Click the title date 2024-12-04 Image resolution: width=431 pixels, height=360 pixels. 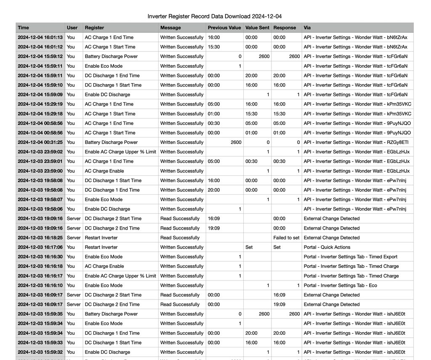pyautogui.click(x=267, y=16)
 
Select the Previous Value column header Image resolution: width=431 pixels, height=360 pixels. pyautogui.click(x=224, y=28)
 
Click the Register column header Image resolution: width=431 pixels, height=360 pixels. pyautogui.click(x=94, y=28)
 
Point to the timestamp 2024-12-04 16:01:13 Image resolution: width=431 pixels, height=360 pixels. pyautogui.click(x=40, y=37)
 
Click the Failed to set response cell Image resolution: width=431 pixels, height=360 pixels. pyautogui.click(x=286, y=238)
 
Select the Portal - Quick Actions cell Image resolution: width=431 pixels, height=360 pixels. pyautogui.click(x=327, y=247)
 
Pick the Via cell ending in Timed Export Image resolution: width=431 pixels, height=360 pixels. pyautogui.click(x=351, y=257)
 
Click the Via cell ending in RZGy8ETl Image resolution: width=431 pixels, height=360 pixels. pyautogui.click(x=356, y=142)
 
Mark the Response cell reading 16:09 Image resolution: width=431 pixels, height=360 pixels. pyautogui.click(x=279, y=295)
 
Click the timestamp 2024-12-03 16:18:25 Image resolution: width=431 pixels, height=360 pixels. pyautogui.click(x=40, y=238)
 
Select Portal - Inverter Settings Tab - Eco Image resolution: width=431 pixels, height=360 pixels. pyautogui.click(x=341, y=285)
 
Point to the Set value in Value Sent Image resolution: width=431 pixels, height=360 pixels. pyautogui.click(x=249, y=247)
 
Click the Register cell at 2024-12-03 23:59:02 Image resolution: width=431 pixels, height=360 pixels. pyautogui.click(x=120, y=152)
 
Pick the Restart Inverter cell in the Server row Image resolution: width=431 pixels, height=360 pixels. pyautogui.click(x=101, y=238)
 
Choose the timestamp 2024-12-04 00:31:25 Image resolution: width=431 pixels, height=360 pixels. pyautogui.click(x=40, y=142)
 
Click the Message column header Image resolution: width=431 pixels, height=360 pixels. pyautogui.click(x=170, y=28)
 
